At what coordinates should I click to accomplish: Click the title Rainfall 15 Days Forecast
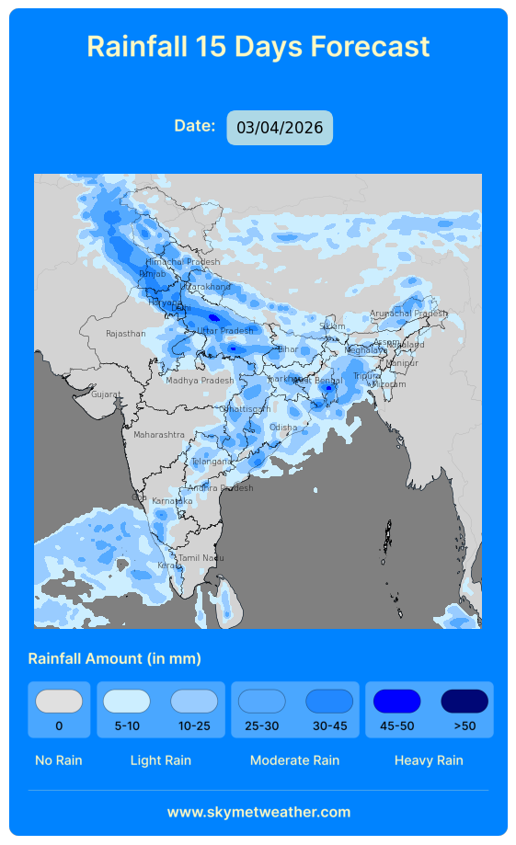[258, 47]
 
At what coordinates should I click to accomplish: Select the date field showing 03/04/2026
[280, 128]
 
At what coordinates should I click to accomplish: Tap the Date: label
[195, 125]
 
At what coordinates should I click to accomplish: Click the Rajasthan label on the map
[125, 334]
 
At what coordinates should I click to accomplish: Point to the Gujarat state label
[105, 394]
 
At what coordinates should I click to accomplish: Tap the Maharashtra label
[158, 435]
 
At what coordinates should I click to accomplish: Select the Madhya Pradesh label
[200, 381]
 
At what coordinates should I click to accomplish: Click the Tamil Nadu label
[201, 558]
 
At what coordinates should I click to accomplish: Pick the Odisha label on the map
[283, 428]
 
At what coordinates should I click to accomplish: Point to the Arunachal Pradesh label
[408, 314]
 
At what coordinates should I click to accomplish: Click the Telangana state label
[212, 462]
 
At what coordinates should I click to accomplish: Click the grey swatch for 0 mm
[59, 702]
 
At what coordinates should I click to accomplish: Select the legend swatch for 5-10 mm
[127, 702]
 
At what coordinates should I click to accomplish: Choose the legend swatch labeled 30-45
[329, 702]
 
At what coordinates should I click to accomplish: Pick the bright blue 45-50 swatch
[396, 702]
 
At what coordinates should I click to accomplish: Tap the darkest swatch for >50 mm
[464, 702]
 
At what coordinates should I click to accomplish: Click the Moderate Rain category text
[294, 760]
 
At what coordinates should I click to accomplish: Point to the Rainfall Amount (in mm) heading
[115, 658]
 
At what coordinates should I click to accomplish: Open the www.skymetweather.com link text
[258, 812]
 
